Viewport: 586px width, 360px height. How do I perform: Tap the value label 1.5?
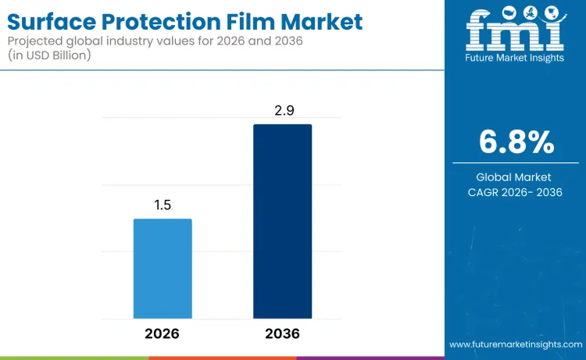[x=163, y=205]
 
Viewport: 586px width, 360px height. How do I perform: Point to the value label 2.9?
[x=282, y=111]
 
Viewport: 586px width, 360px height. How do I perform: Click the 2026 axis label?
[x=163, y=333]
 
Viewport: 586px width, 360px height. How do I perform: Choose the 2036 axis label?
[x=282, y=333]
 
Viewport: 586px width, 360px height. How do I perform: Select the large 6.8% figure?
[x=516, y=143]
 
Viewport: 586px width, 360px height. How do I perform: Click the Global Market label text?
[x=516, y=177]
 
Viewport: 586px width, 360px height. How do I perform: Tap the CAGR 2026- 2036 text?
[x=516, y=193]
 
